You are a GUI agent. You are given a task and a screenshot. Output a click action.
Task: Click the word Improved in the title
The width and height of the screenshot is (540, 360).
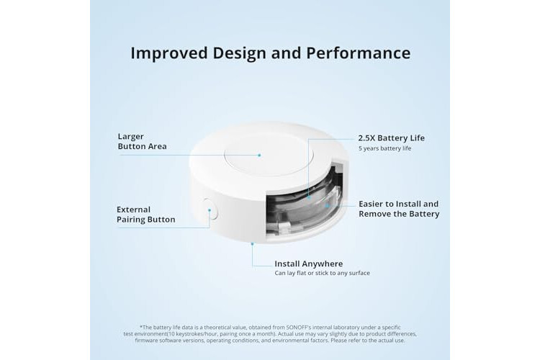click(169, 54)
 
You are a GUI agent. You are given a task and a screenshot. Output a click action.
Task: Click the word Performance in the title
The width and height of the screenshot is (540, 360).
click(358, 53)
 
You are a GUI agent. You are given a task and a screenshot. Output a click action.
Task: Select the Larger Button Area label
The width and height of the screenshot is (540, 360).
click(142, 142)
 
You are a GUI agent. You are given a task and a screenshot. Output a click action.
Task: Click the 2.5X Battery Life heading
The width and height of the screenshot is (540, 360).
click(391, 138)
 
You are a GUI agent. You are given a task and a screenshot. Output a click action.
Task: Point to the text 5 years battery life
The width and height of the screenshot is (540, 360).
click(384, 148)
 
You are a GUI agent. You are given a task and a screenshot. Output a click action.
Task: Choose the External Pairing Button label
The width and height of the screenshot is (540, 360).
click(145, 215)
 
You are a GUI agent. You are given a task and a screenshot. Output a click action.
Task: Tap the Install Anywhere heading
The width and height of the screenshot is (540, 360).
click(309, 264)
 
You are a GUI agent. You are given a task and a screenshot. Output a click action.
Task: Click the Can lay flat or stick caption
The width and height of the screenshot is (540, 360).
click(322, 273)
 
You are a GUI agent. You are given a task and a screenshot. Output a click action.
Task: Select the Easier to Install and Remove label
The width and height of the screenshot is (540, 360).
click(399, 209)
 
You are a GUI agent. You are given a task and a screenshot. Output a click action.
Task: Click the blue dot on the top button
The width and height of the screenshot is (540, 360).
click(259, 155)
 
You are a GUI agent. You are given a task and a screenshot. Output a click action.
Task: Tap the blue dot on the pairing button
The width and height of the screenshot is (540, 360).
click(210, 210)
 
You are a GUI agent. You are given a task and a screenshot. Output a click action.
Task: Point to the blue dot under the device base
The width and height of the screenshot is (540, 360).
click(252, 244)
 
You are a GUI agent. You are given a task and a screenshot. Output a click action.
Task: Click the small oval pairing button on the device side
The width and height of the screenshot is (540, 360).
click(210, 209)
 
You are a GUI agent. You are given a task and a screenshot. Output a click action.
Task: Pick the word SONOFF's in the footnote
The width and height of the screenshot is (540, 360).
click(300, 328)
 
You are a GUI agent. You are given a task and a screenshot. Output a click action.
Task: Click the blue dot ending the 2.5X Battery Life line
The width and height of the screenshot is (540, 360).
click(309, 197)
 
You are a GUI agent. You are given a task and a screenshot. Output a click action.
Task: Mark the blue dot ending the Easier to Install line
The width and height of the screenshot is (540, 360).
click(327, 206)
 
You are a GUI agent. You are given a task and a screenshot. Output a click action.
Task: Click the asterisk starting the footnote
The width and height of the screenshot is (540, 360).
click(141, 327)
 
